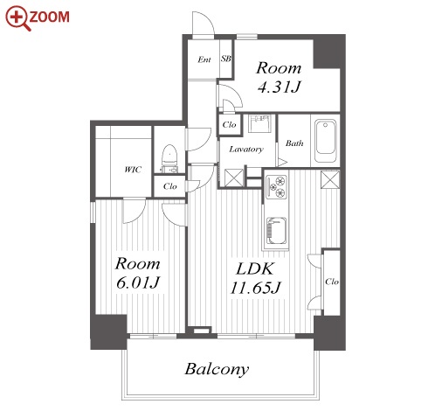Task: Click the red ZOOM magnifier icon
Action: (x=18, y=18)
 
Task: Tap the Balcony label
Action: (x=217, y=370)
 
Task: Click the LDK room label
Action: (x=255, y=269)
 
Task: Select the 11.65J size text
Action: (x=255, y=288)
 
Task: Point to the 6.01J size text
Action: (x=138, y=282)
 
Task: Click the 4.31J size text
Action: (x=279, y=87)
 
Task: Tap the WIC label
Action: (x=133, y=170)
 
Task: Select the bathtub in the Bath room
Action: (x=326, y=141)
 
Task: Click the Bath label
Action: (x=294, y=143)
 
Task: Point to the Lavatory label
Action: (x=246, y=150)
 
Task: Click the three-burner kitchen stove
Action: (x=276, y=187)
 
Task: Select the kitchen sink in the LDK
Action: (x=276, y=231)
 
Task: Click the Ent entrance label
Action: (x=204, y=59)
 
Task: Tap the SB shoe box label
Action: (x=226, y=59)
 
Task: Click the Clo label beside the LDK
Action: (x=332, y=282)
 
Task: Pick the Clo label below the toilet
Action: (x=170, y=186)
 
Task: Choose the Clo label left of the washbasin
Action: (x=229, y=125)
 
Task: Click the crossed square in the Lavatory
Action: (x=234, y=178)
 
